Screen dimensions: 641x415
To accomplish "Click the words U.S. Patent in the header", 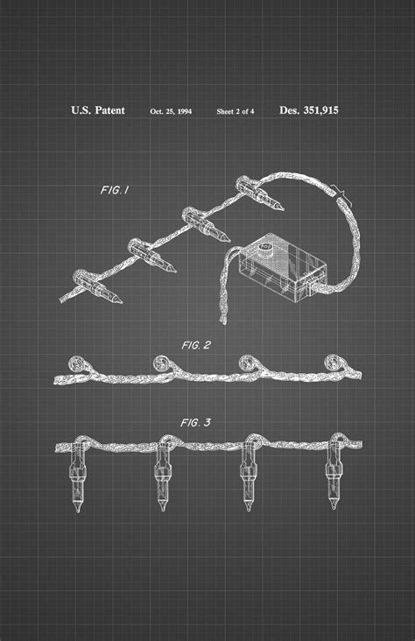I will (x=97, y=110).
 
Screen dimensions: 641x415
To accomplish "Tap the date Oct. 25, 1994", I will (x=171, y=111).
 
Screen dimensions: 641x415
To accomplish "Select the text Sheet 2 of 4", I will (x=236, y=111).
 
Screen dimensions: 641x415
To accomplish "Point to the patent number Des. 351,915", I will (x=309, y=110).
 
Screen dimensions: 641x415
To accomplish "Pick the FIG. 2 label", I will (x=197, y=346).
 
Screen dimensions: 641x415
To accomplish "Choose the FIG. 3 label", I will (x=195, y=423).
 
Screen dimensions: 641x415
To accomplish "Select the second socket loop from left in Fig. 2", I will (x=161, y=363).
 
